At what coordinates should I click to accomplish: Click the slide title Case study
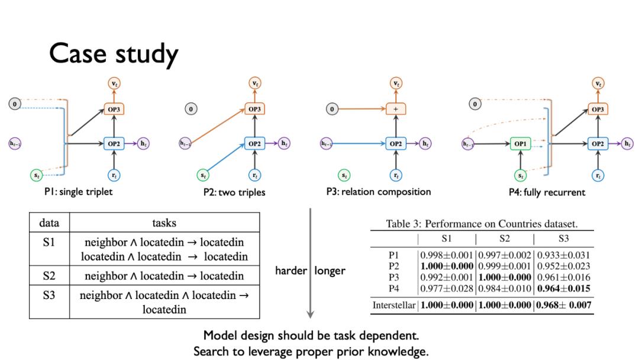(x=114, y=54)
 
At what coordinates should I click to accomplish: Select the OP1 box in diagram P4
(x=521, y=144)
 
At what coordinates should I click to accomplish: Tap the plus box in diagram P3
(x=395, y=109)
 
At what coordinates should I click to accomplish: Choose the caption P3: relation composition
(x=378, y=192)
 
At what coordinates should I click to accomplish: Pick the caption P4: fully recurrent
(x=547, y=192)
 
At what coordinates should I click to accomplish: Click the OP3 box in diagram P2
(x=254, y=109)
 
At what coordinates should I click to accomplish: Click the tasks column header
(x=164, y=223)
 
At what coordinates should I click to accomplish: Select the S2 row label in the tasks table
(x=49, y=275)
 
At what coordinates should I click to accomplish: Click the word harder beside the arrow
(x=291, y=271)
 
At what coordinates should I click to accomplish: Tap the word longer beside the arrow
(x=330, y=271)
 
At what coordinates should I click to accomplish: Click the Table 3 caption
(x=482, y=224)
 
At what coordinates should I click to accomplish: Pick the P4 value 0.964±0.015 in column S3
(x=563, y=288)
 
